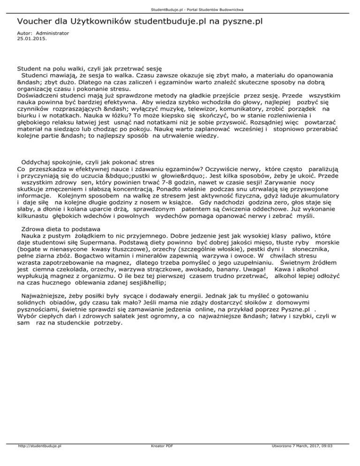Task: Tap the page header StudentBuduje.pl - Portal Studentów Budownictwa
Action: point(180,9)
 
